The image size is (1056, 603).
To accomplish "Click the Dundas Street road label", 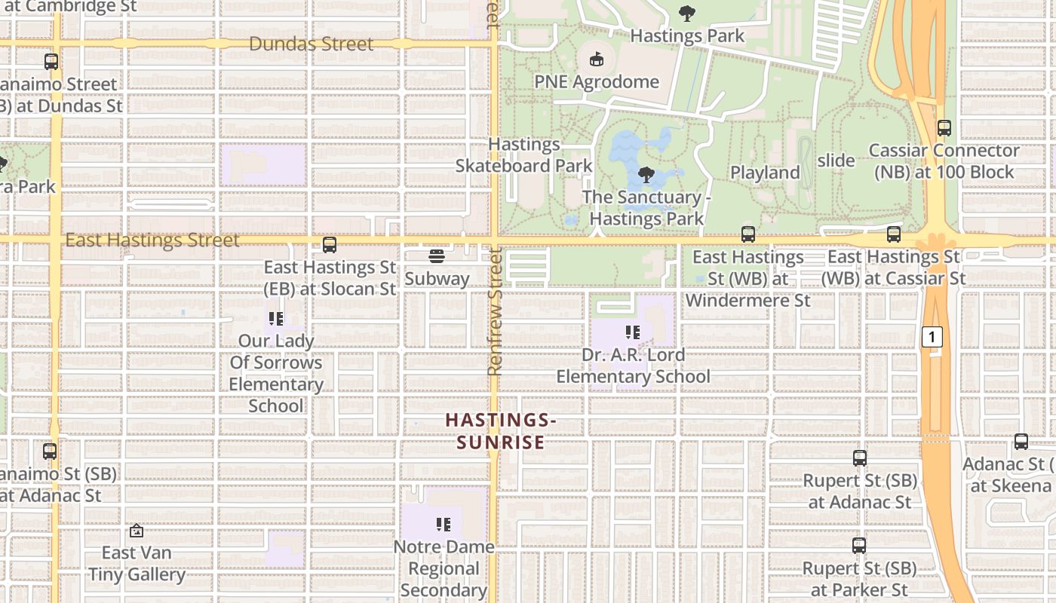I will coord(311,44).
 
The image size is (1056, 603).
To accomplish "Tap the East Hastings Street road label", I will coord(152,240).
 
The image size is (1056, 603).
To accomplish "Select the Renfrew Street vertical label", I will coord(495,313).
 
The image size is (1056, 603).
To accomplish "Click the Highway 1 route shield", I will coord(932,337).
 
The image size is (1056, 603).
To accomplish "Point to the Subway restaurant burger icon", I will coord(437,256).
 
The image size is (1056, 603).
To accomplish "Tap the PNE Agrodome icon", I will coord(596,59).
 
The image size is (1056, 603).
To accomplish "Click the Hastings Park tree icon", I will coord(686,14).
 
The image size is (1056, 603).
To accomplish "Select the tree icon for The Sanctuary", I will coord(646,175).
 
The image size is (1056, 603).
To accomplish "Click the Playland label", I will coord(765,172).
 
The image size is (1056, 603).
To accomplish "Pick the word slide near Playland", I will coord(836,160).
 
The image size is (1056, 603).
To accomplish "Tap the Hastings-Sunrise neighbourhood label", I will coord(500,431).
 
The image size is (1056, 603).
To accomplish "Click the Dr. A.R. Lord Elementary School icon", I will coord(633,332).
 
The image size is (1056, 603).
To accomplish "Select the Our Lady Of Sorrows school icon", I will coord(276,319).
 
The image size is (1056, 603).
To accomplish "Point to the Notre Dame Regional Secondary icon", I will coord(443,524).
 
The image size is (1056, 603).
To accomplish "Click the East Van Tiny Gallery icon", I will coord(137,531).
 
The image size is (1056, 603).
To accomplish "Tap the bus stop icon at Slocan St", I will coord(330,245).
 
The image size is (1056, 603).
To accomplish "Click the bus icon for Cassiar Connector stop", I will coord(944,128).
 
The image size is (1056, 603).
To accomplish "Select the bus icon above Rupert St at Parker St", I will coord(859,545).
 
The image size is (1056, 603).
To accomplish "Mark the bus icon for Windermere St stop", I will coord(747,234).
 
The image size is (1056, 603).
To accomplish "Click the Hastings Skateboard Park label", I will coord(523,155).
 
